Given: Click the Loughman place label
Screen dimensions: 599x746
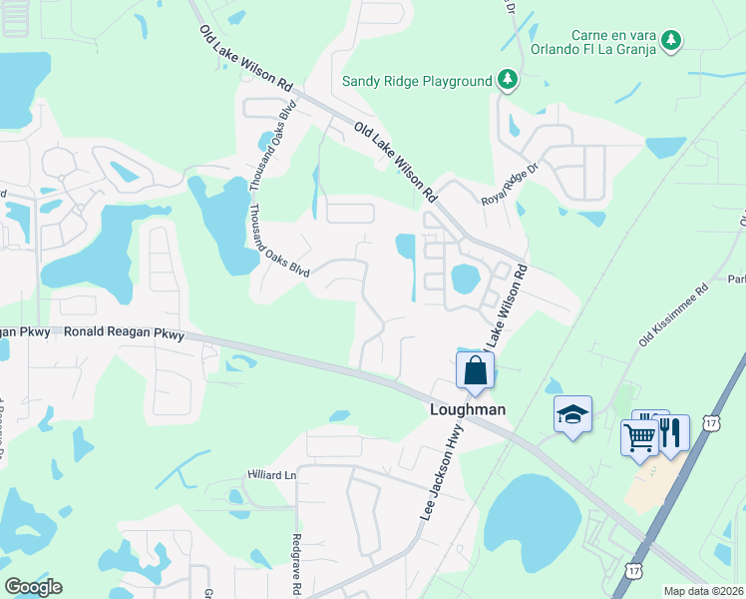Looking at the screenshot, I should tap(468, 409).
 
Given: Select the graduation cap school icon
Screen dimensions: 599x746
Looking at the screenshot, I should tap(573, 415).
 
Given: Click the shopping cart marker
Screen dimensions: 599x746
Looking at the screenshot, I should tap(639, 436).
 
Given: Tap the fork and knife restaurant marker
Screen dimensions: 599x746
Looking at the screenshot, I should tap(671, 433).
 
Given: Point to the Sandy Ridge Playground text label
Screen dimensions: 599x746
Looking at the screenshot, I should tap(417, 81).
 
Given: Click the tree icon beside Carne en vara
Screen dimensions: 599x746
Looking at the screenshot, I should tap(673, 40).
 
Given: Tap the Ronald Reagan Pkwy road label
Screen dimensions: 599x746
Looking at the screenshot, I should tap(125, 333).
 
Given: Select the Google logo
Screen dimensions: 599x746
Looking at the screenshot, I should tap(33, 587).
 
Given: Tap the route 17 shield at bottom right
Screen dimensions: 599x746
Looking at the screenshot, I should tap(634, 569).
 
